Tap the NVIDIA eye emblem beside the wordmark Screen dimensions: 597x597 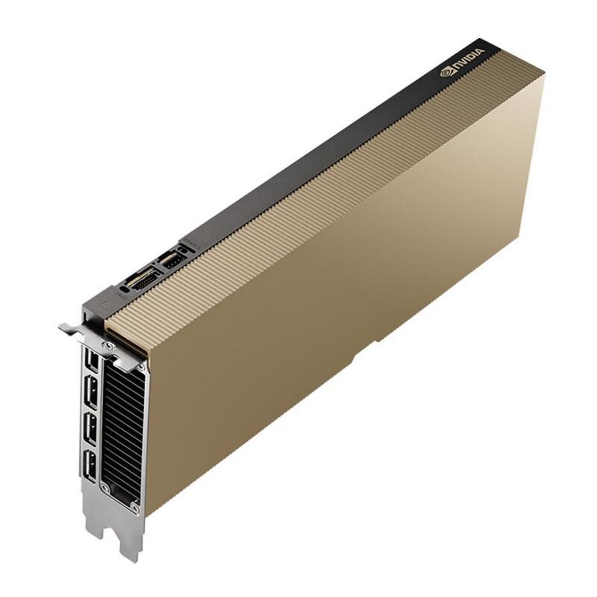446,72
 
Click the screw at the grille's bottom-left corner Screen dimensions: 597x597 104,487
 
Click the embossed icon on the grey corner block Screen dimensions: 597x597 103,304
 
